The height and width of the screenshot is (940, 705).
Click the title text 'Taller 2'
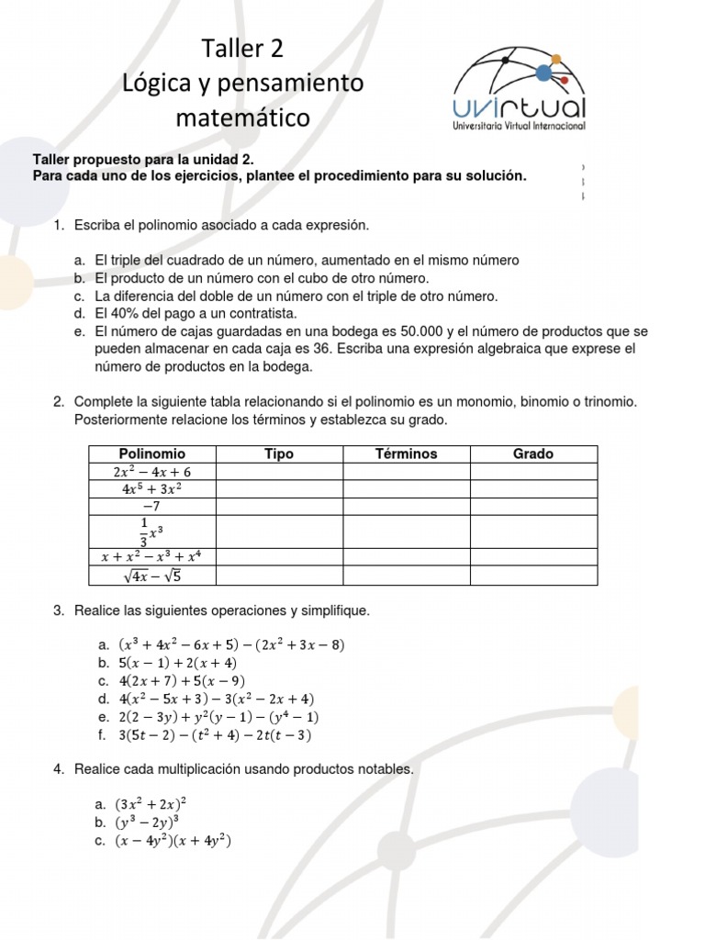pyautogui.click(x=243, y=49)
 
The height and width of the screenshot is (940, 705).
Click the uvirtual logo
pyautogui.click(x=520, y=87)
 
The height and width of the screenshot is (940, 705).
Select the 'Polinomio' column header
pyautogui.click(x=151, y=453)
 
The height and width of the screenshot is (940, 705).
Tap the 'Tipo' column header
pyautogui.click(x=278, y=453)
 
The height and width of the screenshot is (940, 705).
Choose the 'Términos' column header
pyautogui.click(x=406, y=453)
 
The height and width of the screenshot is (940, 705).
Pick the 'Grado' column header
pyautogui.click(x=532, y=453)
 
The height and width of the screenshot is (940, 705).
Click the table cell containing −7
pyautogui.click(x=151, y=506)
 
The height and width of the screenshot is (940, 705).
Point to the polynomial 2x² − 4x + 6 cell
pyautogui.click(x=151, y=471)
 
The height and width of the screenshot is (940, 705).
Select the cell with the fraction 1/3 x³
pyautogui.click(x=151, y=531)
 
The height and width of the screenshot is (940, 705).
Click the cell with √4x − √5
pyautogui.click(x=151, y=576)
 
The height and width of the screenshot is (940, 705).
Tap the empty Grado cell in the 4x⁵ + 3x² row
pyautogui.click(x=532, y=488)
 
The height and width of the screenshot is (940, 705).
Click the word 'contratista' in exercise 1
pyautogui.click(x=263, y=314)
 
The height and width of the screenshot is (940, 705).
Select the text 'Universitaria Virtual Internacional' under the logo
pyautogui.click(x=520, y=127)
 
